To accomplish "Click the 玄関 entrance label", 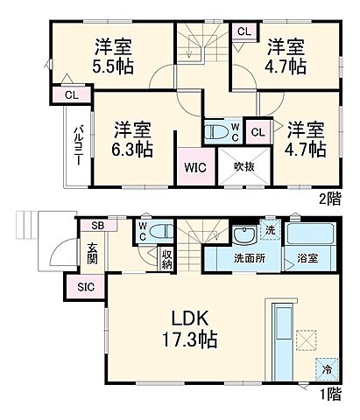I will (x=92, y=253).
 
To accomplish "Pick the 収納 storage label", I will (x=166, y=259).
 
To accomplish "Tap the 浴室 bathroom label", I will (x=306, y=260).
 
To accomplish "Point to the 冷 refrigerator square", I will (x=327, y=370).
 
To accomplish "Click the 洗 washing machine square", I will (x=270, y=230).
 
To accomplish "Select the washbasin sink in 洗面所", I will (x=244, y=234).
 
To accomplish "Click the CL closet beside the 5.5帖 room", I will (x=70, y=94).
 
